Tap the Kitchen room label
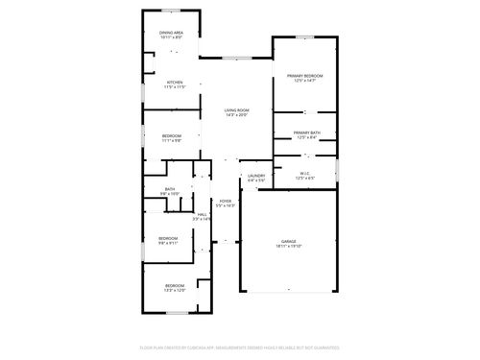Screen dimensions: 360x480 pos(174,83)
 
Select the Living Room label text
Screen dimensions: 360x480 pos(237,110)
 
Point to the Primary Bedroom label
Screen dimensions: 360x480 pos(304,75)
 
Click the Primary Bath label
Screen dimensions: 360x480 pos(307,132)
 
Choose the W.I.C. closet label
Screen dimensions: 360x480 pos(304,173)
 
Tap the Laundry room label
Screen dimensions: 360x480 pos(256,175)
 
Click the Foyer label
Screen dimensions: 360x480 pos(226,201)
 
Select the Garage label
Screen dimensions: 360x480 pos(288,241)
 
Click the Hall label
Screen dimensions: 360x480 pos(203,214)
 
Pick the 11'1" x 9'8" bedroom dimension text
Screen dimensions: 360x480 pos(171,140)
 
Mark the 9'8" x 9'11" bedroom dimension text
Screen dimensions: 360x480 pos(168,243)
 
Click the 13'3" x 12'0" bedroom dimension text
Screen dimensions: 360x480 pos(174,290)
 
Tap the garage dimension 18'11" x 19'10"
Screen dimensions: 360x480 pos(288,247)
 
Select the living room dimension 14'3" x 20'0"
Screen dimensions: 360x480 pos(237,116)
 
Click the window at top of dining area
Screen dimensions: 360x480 pos(172,11)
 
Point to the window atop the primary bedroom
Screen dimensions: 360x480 pos(304,37)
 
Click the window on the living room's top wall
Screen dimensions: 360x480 pos(236,58)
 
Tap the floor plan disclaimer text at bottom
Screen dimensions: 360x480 pos(240,348)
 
